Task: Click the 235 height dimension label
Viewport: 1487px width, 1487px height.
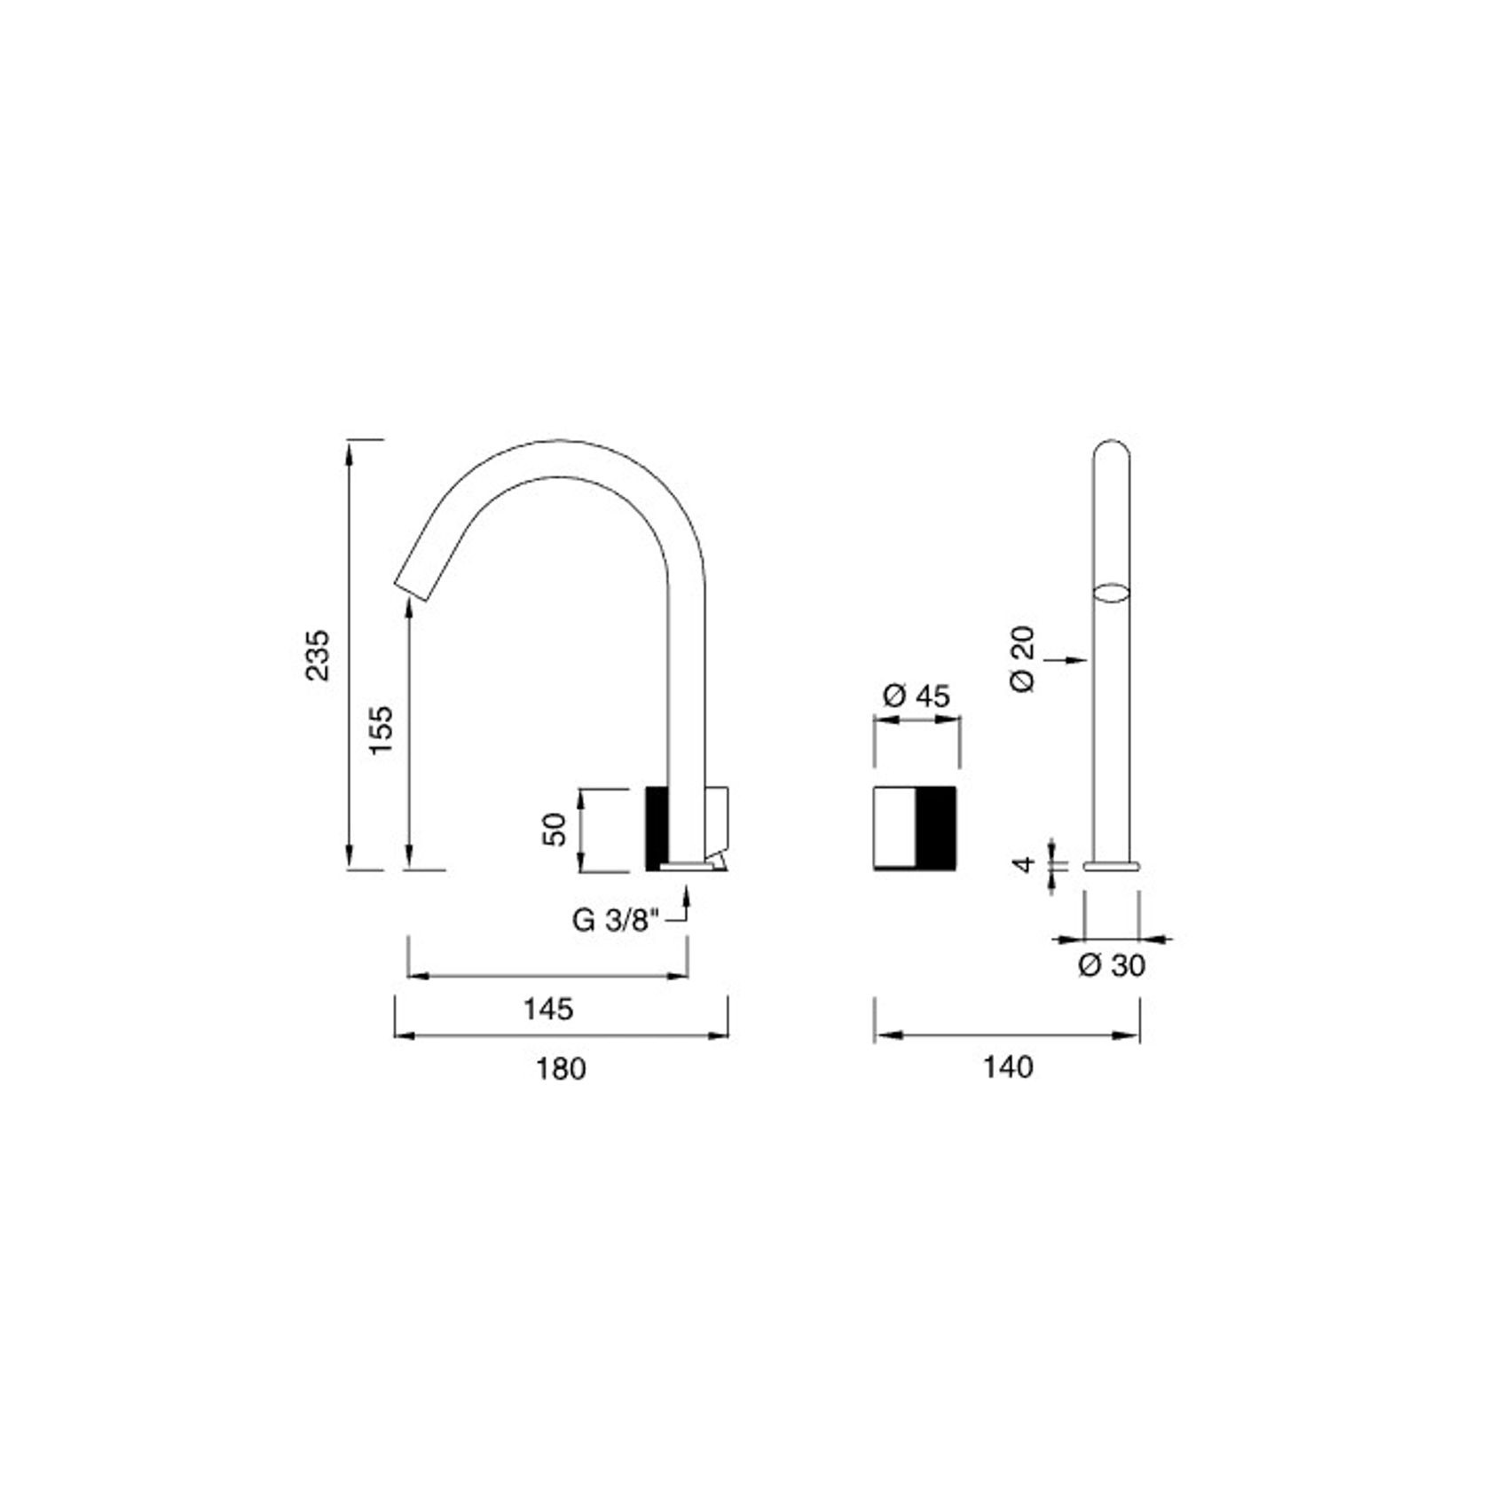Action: coord(317,655)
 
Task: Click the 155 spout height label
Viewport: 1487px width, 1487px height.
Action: coord(381,729)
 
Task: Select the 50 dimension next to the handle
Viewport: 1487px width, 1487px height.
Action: coord(555,830)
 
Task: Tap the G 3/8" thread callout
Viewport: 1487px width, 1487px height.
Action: coord(616,920)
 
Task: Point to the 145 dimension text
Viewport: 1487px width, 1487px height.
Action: coord(547,1009)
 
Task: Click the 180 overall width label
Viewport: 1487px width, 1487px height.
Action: coord(560,1068)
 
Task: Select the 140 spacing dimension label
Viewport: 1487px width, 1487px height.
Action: coord(1007,1066)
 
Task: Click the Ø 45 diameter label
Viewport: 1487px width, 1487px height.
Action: coord(917,696)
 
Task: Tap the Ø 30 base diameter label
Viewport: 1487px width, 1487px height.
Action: coord(1112,965)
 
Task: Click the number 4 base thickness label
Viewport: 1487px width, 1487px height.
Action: coord(1026,863)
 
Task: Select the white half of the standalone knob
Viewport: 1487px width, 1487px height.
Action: coord(894,827)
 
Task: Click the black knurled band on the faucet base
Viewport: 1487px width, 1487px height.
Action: coord(656,827)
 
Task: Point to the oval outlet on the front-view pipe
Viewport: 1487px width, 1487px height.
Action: coord(1112,593)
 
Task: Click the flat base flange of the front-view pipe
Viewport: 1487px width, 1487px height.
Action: coord(1112,864)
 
